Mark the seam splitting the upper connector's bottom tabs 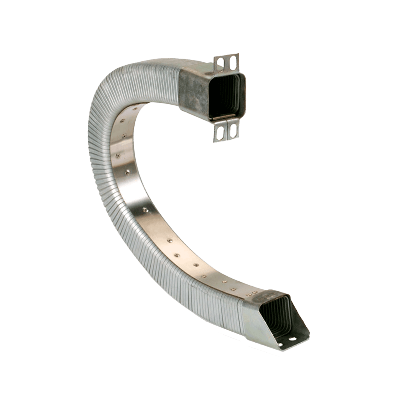[227, 130]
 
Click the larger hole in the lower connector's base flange [292, 339]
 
